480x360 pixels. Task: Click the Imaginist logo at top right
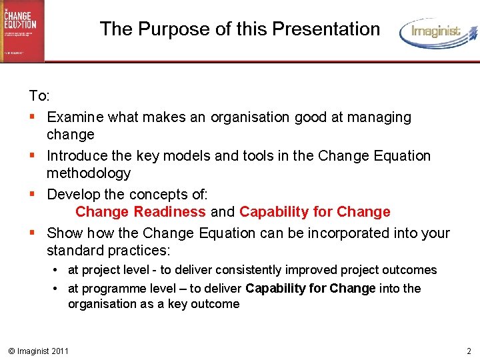tap(438, 33)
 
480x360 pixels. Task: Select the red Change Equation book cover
tap(22, 31)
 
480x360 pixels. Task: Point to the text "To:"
tap(39, 96)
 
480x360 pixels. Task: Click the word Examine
tap(75, 117)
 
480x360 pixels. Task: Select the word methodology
tap(89, 173)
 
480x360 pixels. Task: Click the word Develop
tap(73, 195)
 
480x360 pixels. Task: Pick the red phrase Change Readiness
tap(141, 212)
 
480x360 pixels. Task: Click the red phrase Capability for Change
tap(315, 212)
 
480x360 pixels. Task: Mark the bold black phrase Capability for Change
tap(311, 289)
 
